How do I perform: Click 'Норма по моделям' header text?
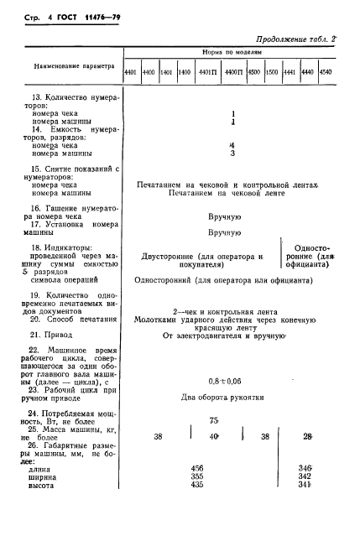click(232, 52)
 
